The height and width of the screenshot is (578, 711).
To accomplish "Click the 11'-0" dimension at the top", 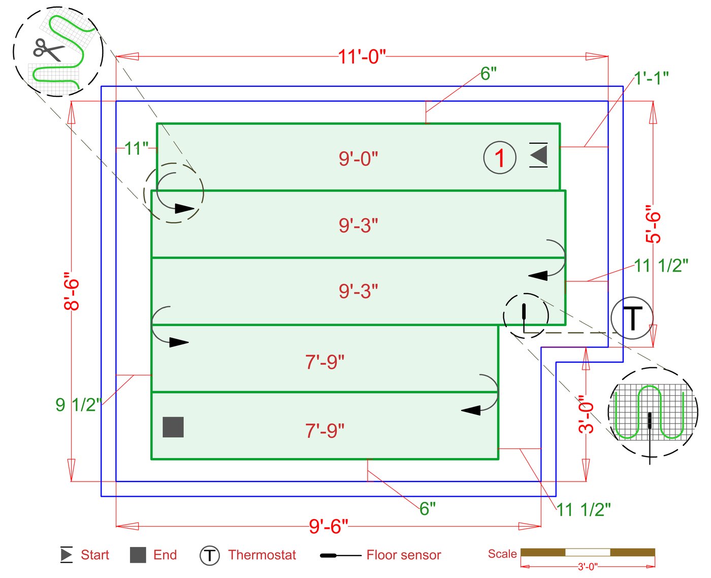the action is coord(362,57).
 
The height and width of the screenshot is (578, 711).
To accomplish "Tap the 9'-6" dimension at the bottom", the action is coord(329,527).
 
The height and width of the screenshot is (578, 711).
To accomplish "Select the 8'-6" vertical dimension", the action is coord(72,292).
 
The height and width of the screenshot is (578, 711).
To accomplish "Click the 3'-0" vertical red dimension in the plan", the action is coord(586,414).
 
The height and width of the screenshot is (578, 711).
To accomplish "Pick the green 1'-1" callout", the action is coord(651,78).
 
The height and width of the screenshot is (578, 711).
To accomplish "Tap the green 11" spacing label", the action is coord(136,148).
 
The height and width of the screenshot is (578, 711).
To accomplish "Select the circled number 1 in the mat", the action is coord(500,158).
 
